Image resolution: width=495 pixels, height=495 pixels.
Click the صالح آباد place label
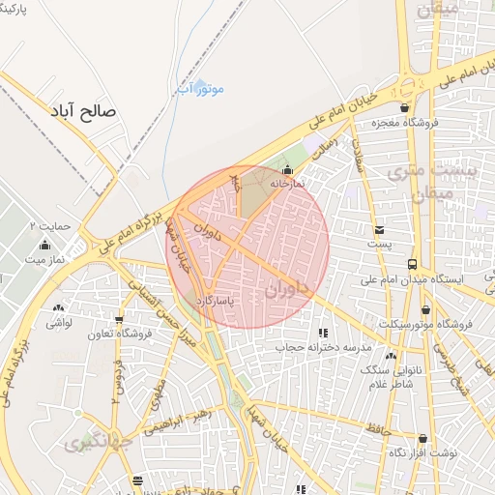click(87, 111)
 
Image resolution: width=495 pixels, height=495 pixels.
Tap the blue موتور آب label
click(201, 89)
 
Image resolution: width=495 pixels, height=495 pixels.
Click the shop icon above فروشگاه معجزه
click(405, 107)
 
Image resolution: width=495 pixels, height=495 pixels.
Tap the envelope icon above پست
click(379, 230)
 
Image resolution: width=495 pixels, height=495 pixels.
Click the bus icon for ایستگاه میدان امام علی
click(413, 263)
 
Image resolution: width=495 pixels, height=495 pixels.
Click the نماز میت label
click(44, 259)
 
